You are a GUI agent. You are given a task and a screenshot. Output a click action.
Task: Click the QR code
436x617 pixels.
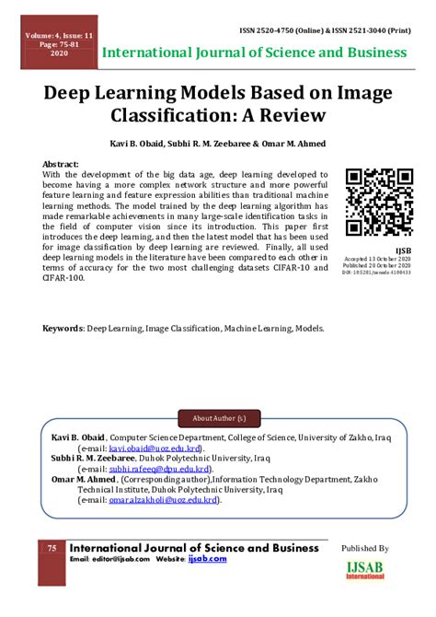378,202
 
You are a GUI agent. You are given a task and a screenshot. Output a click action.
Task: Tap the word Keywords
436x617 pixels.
63,327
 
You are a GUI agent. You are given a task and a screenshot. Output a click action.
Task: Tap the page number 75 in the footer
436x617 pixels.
52,549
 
